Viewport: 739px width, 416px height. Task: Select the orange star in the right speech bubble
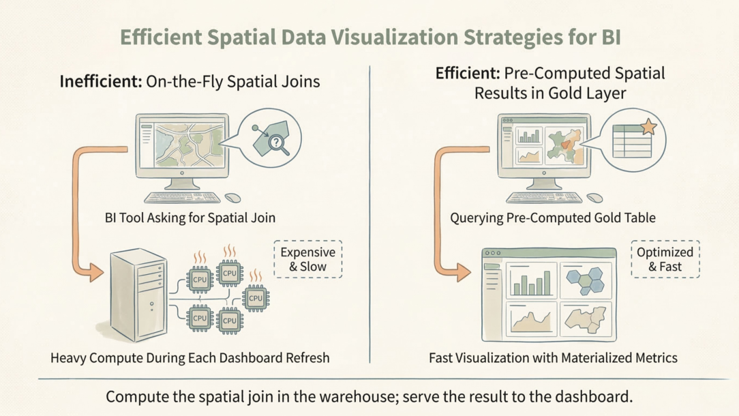coord(648,127)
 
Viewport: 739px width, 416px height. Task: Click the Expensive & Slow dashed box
coord(307,259)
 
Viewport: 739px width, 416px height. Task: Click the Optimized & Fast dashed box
coord(665,259)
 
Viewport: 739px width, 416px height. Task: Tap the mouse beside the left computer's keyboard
coord(232,198)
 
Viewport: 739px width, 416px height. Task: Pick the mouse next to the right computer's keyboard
coord(594,198)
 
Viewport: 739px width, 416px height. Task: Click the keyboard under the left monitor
coord(182,198)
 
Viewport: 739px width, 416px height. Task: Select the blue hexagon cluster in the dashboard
coord(586,280)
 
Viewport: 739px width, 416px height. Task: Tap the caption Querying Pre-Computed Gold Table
coord(552,218)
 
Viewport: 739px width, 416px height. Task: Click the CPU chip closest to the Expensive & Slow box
coord(256,297)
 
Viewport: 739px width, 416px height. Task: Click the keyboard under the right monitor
coord(544,198)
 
